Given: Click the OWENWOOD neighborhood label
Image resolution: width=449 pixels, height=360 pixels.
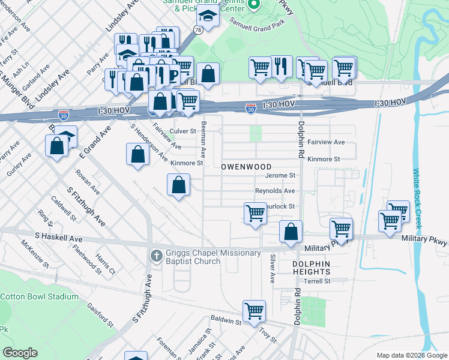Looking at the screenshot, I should (246, 166).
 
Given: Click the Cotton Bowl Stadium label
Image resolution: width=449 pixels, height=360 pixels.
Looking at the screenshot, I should (39, 296).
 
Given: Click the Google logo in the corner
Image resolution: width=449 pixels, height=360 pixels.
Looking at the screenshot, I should (20, 353).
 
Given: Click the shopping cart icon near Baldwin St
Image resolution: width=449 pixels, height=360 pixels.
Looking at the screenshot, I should (254, 311).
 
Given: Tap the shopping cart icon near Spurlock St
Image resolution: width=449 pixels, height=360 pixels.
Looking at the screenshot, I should (255, 213).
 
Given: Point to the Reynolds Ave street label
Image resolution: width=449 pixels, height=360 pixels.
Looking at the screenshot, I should (275, 191).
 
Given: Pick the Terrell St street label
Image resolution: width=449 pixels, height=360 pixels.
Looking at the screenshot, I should (318, 281).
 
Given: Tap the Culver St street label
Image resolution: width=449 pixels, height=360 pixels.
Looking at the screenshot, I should (183, 131).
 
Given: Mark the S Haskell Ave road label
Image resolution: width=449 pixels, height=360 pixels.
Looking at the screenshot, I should (59, 238).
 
